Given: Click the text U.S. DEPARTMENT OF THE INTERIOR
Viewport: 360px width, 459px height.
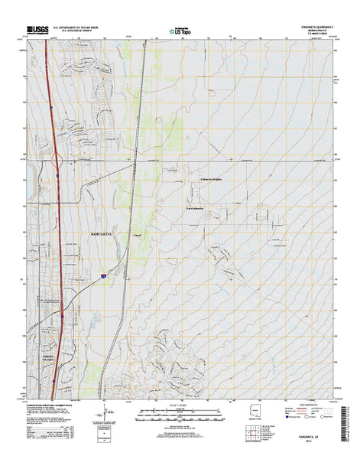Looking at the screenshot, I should coord(86,31).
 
